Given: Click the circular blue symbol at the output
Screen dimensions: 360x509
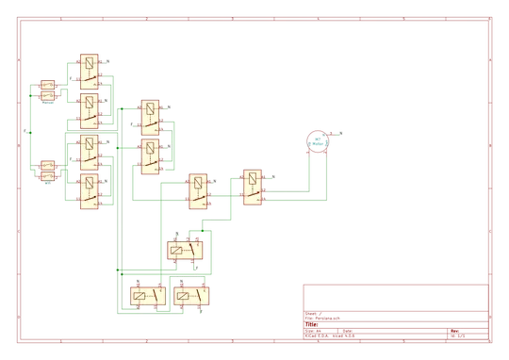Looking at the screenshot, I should [x=319, y=141].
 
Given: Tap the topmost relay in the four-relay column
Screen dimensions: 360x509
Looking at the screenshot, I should [x=89, y=71].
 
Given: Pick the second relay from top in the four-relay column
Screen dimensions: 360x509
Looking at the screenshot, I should [x=89, y=110].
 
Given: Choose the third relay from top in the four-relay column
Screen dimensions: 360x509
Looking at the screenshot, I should [x=89, y=153].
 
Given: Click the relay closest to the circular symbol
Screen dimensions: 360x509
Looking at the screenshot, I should [x=253, y=187].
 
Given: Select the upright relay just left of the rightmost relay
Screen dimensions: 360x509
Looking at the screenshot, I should [x=199, y=191].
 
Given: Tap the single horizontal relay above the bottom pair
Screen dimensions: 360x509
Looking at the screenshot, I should [x=187, y=251].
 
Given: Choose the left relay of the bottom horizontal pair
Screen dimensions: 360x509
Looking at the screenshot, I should [x=146, y=295].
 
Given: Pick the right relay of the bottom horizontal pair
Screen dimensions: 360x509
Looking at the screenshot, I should [x=192, y=295].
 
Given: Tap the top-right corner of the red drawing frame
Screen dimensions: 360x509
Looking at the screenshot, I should [x=494, y=18].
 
